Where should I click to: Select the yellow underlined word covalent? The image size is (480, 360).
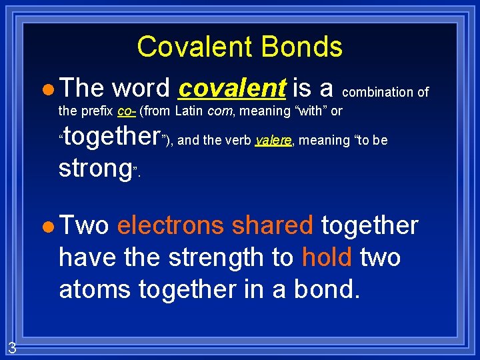(x=233, y=87)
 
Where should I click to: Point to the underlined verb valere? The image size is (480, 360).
(x=273, y=140)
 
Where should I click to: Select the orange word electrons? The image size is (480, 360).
(x=170, y=226)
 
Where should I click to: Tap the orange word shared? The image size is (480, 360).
(x=272, y=226)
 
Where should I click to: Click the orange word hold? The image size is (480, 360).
(x=326, y=257)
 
